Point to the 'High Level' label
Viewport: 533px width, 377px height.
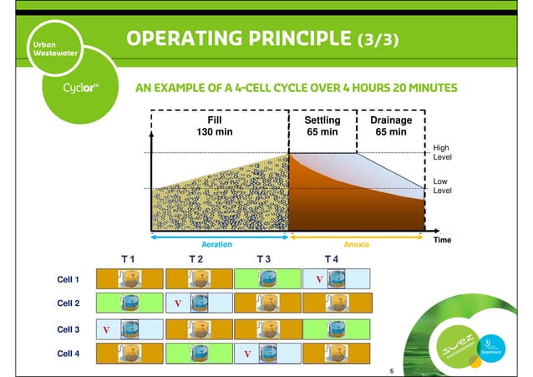click(x=441, y=153)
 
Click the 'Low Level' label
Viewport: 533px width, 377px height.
click(x=440, y=186)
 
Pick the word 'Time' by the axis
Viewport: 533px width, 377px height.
click(x=441, y=240)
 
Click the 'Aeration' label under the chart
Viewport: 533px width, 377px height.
click(x=218, y=245)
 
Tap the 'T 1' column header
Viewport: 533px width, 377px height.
click(x=128, y=260)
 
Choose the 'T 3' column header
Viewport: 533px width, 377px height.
click(x=263, y=260)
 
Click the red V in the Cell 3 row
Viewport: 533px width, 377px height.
click(x=106, y=330)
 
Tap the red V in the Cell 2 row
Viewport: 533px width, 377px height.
click(x=177, y=304)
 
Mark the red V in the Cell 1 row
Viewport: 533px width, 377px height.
click(x=318, y=279)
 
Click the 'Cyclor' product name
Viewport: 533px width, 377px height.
click(x=81, y=88)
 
